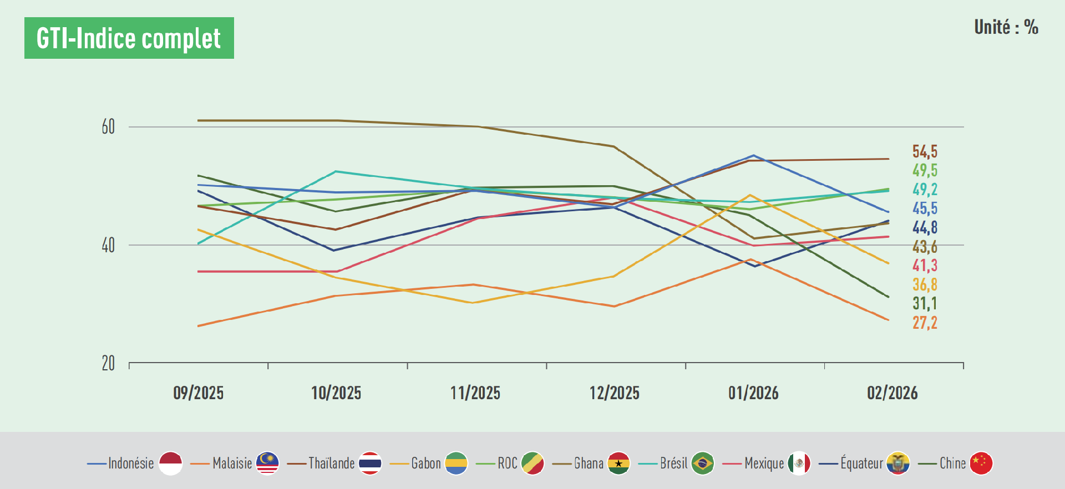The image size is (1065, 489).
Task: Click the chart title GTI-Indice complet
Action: (x=129, y=38)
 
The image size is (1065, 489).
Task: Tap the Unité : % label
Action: (x=1006, y=27)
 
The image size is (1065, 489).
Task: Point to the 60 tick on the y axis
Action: (x=108, y=127)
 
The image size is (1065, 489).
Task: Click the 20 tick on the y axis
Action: (x=108, y=364)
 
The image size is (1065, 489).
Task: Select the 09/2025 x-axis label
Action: (x=198, y=393)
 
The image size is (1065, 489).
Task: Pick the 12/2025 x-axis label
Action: (x=614, y=393)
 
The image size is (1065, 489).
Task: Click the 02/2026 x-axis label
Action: (x=892, y=393)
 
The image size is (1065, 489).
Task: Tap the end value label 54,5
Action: (x=925, y=152)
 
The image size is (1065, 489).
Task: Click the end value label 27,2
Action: (x=925, y=323)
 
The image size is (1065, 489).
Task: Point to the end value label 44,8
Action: (x=925, y=227)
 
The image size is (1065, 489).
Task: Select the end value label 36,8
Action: (x=925, y=285)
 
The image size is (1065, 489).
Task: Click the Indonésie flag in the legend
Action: (x=170, y=463)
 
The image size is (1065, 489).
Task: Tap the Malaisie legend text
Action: (x=232, y=463)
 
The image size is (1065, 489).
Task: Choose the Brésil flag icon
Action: (x=703, y=463)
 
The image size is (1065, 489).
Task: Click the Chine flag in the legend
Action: (x=981, y=463)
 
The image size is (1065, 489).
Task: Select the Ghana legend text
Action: (x=589, y=463)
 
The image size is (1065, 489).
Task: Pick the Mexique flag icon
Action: (x=799, y=463)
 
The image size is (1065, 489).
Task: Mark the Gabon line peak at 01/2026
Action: (x=750, y=195)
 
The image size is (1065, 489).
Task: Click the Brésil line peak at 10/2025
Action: (x=336, y=171)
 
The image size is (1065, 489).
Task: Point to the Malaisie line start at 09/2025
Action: (x=198, y=326)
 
